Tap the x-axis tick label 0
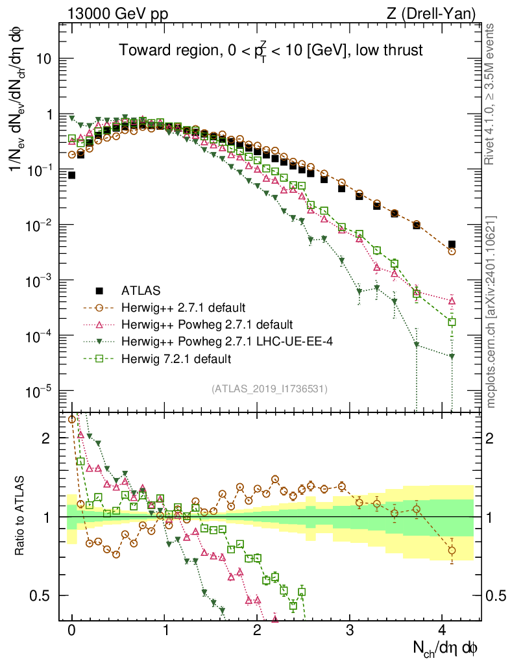pos(72,629)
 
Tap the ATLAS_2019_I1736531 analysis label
pos(270,389)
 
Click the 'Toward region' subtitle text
pos(270,51)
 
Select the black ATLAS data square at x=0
pos(71,175)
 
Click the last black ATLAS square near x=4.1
pos(452,244)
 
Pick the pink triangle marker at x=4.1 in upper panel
pos(452,301)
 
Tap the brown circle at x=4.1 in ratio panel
pos(452,551)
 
